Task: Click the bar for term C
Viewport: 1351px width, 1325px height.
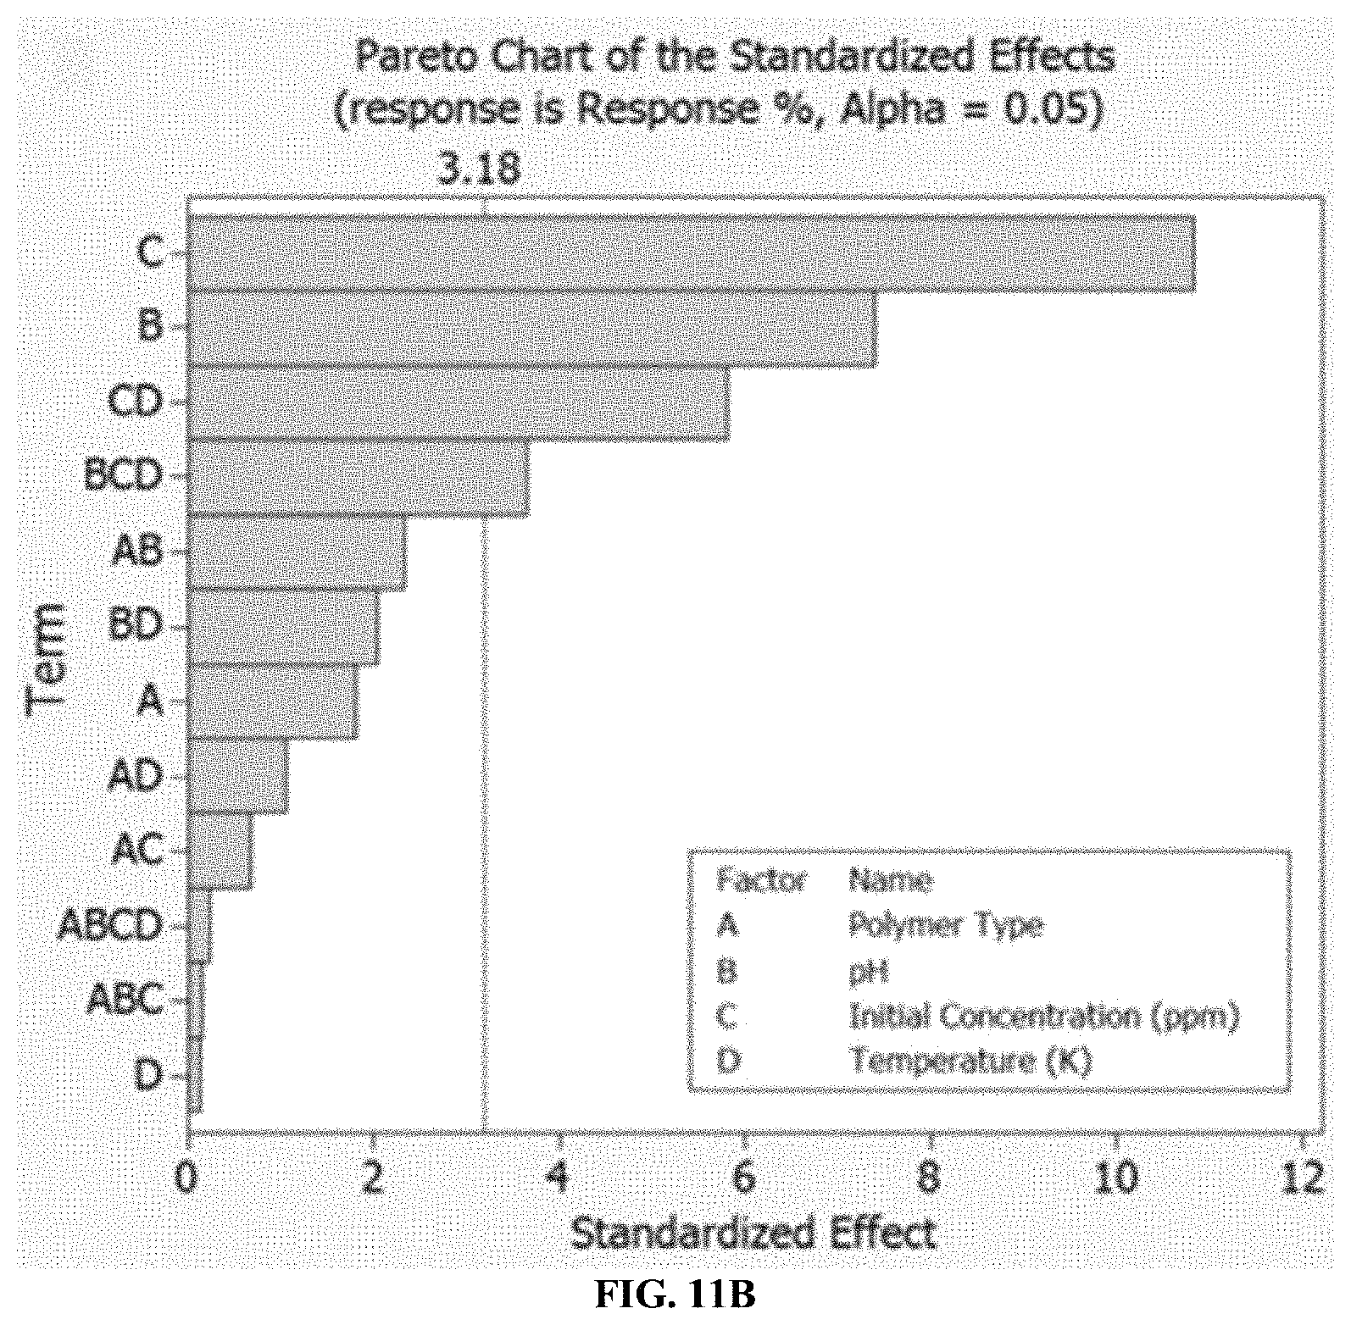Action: [691, 253]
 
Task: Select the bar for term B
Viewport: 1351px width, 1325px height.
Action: [532, 329]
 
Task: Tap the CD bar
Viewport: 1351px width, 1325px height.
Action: [458, 403]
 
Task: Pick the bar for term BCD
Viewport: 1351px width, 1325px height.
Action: [358, 478]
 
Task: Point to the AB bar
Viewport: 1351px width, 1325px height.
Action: [297, 552]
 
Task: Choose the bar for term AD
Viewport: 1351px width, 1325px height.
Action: [237, 777]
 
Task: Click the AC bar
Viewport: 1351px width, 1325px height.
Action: [220, 851]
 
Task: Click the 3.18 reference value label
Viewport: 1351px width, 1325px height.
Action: [479, 169]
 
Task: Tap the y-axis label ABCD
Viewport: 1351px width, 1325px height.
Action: [110, 925]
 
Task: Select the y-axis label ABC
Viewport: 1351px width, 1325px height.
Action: [125, 1000]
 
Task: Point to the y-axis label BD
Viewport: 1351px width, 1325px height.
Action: [136, 625]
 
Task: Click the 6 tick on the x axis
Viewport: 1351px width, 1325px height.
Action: [744, 1177]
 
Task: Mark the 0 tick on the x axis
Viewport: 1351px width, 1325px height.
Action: [188, 1177]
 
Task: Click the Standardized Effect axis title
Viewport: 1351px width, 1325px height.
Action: [754, 1234]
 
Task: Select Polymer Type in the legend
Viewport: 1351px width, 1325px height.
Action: [946, 926]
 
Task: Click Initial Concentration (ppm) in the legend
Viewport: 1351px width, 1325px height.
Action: [1044, 1016]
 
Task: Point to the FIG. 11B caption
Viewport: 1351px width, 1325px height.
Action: [675, 1296]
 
